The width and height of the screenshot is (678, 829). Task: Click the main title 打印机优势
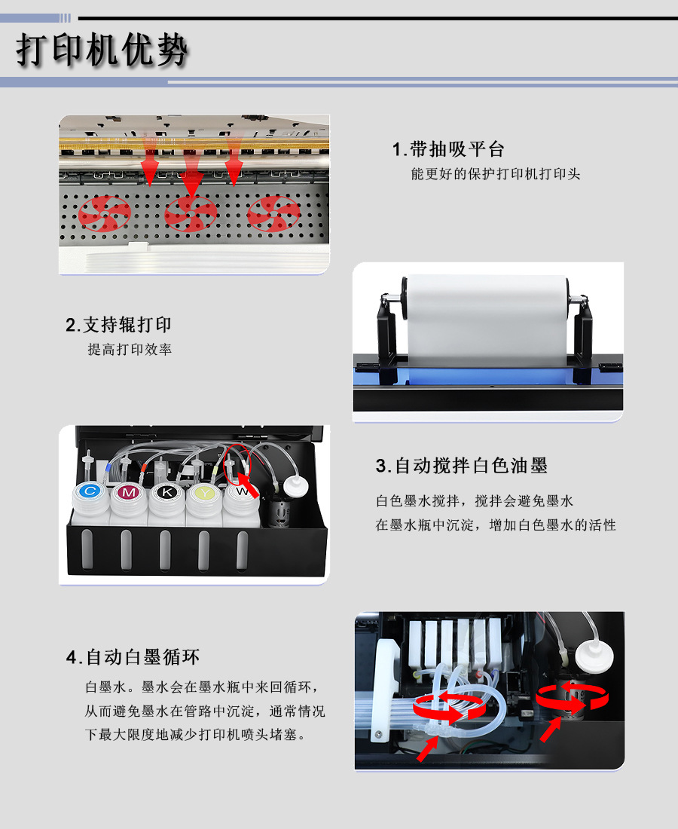tap(101, 51)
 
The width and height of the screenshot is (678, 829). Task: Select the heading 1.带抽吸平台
tap(447, 149)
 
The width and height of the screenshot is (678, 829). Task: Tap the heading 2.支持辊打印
tap(118, 325)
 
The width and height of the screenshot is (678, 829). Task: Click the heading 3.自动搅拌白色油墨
tap(461, 466)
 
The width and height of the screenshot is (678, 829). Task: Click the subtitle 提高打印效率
tap(130, 350)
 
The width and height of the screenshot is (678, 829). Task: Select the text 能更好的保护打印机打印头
tap(495, 174)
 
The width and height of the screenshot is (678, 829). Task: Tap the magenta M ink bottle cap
tap(129, 492)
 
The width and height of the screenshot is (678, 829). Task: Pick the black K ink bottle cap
tap(166, 492)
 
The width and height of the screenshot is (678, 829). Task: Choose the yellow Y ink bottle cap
tap(203, 492)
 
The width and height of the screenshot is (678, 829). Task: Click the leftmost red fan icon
tap(105, 213)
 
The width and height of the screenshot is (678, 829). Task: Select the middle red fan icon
tap(191, 213)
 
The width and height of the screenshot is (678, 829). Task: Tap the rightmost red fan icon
tap(273, 213)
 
